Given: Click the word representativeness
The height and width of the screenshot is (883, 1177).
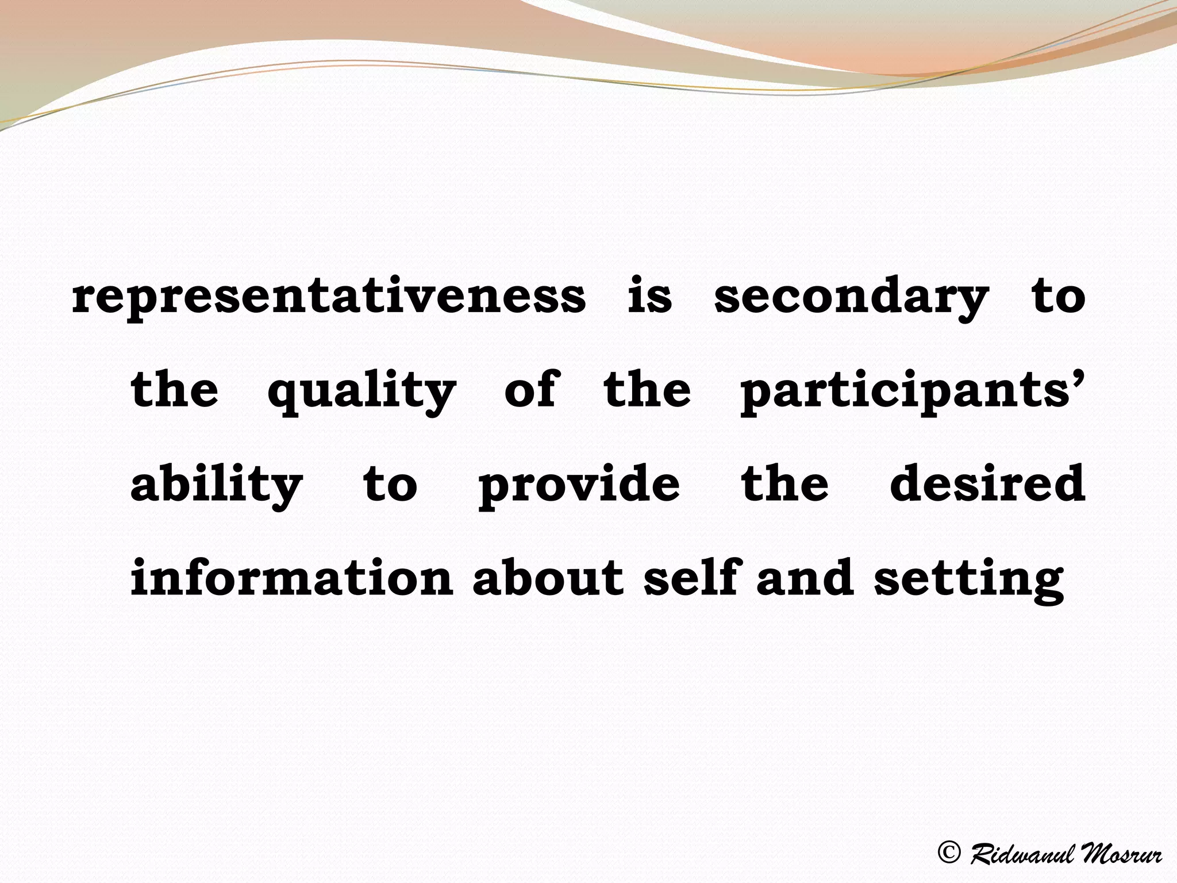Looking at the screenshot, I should click(x=329, y=297).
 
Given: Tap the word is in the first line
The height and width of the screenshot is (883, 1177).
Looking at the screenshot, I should click(x=649, y=297).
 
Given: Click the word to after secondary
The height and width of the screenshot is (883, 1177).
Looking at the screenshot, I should click(x=1058, y=297).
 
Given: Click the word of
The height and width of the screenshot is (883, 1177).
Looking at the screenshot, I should click(x=529, y=390).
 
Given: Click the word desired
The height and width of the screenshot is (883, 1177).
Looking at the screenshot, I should click(x=987, y=483).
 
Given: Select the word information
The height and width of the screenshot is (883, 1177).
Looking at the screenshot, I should click(x=292, y=577).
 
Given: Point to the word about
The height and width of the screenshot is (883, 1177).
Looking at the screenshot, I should click(x=548, y=577).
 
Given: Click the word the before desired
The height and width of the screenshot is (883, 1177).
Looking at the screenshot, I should click(x=784, y=483).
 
